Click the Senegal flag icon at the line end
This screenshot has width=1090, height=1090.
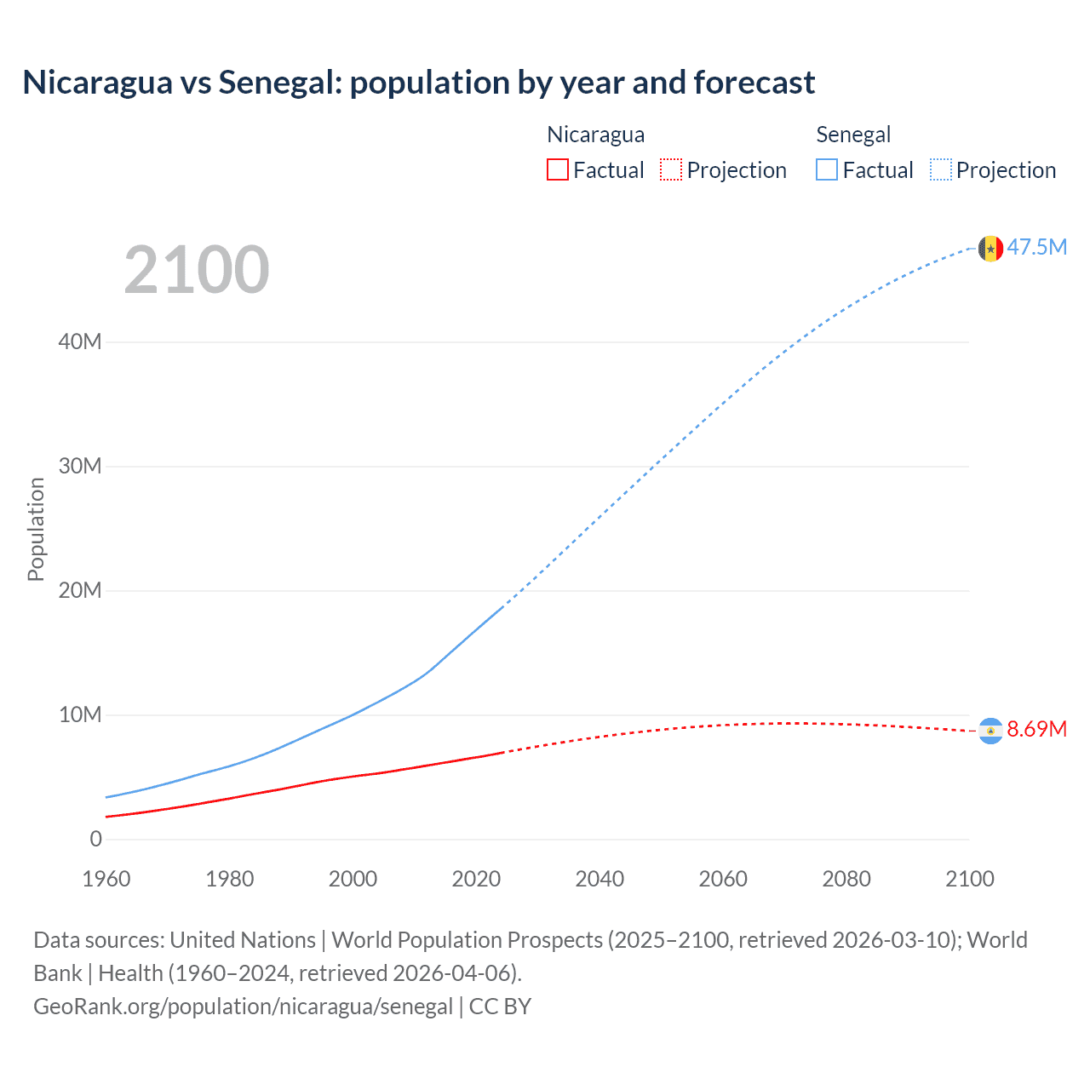click(990, 249)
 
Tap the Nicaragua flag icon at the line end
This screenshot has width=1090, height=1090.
click(990, 731)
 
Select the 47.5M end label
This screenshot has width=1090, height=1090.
click(1037, 247)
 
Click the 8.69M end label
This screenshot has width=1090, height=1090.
click(1037, 729)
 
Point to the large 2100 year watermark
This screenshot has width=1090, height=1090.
click(197, 270)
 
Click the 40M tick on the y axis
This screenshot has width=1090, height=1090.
click(80, 341)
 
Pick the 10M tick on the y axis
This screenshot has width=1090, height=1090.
click(80, 714)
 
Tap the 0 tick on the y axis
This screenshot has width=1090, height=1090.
click(95, 839)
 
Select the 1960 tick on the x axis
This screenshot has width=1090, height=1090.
click(106, 879)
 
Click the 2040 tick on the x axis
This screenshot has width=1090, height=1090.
click(599, 879)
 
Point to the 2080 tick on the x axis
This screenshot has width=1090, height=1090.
click(846, 879)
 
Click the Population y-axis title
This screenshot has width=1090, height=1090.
click(36, 529)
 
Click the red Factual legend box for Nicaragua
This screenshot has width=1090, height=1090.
click(558, 169)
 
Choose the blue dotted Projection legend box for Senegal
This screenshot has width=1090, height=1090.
click(941, 169)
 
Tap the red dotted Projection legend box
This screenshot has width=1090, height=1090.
click(671, 169)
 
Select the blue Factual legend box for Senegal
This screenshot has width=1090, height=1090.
click(827, 169)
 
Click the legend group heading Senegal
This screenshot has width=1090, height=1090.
click(853, 135)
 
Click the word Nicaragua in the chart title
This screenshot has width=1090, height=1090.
click(97, 83)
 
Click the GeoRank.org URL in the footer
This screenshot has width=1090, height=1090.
click(243, 1007)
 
